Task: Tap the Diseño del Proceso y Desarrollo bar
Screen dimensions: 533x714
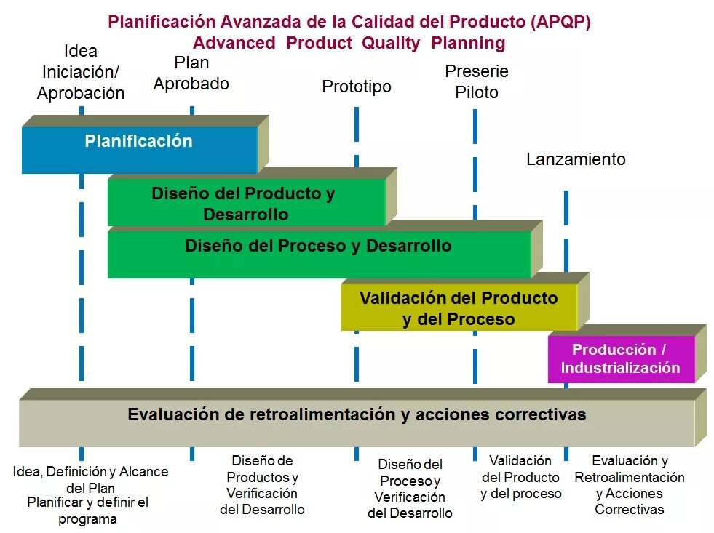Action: pyautogui.click(x=318, y=251)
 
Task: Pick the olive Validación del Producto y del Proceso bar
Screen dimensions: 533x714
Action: pyautogui.click(x=459, y=308)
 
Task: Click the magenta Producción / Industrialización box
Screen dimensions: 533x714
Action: pyautogui.click(x=620, y=358)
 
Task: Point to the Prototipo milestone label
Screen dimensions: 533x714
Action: pyautogui.click(x=357, y=87)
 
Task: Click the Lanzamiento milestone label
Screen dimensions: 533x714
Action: pyautogui.click(x=576, y=159)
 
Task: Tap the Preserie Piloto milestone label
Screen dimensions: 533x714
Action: pyautogui.click(x=477, y=81)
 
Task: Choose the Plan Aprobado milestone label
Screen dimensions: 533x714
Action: pyautogui.click(x=191, y=73)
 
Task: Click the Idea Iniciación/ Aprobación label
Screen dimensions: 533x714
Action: pyautogui.click(x=81, y=72)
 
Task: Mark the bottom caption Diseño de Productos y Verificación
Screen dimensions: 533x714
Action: pyautogui.click(x=262, y=484)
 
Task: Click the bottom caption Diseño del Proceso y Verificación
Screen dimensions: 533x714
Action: pyautogui.click(x=410, y=488)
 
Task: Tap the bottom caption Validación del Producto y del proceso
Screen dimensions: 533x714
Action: pyautogui.click(x=520, y=477)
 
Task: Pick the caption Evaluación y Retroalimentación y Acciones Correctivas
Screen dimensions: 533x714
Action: pyautogui.click(x=630, y=484)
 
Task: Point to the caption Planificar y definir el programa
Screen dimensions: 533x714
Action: pyautogui.click(x=87, y=510)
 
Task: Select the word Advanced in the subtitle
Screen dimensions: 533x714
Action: pyautogui.click(x=234, y=43)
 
